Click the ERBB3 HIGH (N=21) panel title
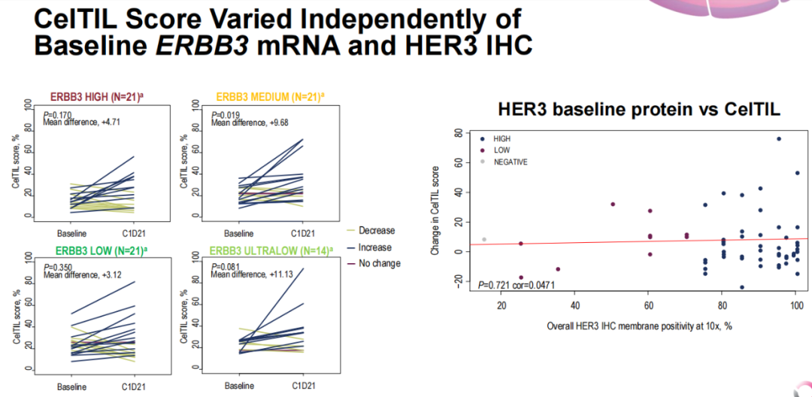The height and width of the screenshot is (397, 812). click(98, 96)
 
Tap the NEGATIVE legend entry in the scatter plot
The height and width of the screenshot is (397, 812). click(510, 162)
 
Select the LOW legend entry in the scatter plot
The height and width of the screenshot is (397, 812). click(501, 150)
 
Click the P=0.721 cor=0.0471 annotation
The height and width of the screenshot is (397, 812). click(517, 286)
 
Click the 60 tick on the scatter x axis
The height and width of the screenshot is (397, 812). click(648, 306)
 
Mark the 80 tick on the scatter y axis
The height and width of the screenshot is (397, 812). click(457, 134)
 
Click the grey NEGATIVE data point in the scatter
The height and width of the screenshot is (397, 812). click(484, 239)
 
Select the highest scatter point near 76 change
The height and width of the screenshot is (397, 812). click(779, 139)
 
